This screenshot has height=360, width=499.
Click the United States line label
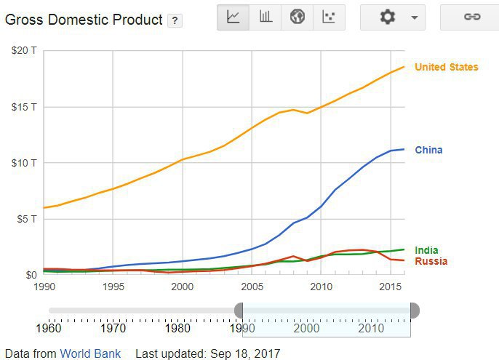coord(446,67)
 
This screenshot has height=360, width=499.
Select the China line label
coord(428,150)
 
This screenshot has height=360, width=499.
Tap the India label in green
coord(426,250)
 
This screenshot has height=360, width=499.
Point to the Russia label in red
coord(430,261)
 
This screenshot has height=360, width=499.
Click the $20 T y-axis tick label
coord(24,51)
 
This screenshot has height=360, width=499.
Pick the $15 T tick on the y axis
coord(24,107)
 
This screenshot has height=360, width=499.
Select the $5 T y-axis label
coord(26,218)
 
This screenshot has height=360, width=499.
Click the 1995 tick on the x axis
coord(113,287)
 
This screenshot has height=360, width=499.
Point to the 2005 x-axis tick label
coord(251,287)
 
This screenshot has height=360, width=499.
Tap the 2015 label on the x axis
coord(390,287)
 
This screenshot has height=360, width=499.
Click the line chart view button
coord(233,17)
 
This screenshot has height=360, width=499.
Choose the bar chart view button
coord(266,17)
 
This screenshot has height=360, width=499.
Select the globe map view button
coord(297,17)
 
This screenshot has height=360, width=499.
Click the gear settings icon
coord(388,17)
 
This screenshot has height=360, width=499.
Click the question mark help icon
coord(175,21)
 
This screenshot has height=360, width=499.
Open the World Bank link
coord(90,353)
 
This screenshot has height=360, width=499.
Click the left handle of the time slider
coord(240,311)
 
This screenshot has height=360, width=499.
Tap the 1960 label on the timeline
coord(48,329)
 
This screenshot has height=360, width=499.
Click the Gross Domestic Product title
coord(84,20)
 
